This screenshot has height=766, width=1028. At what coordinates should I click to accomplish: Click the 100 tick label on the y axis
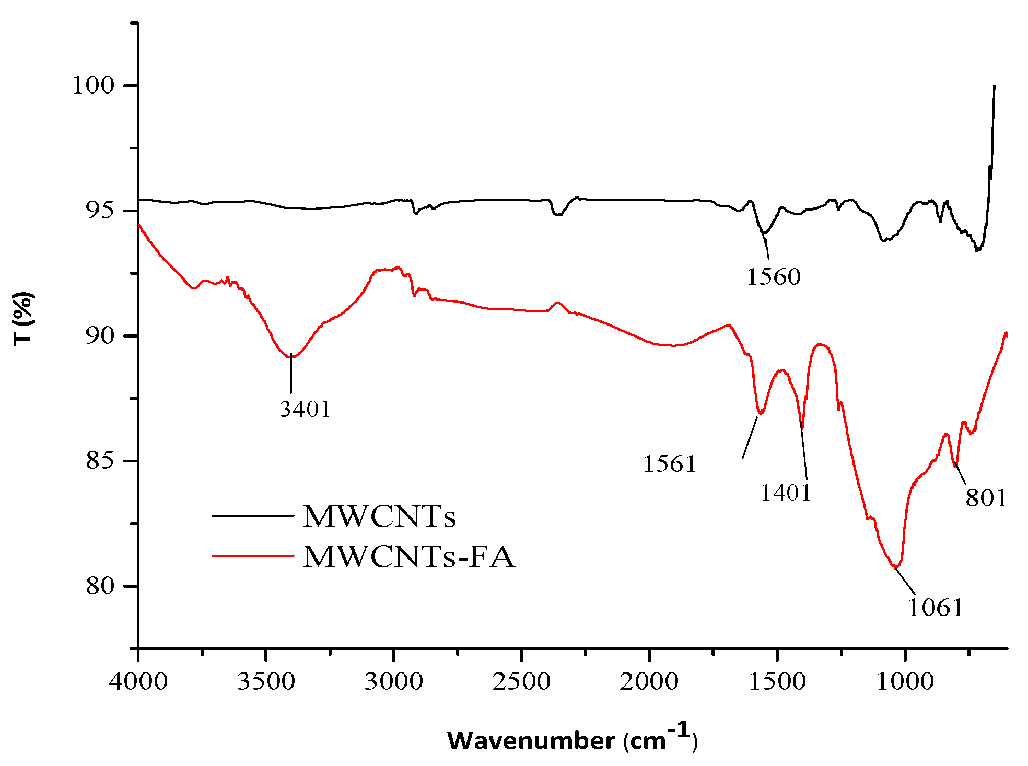click(94, 85)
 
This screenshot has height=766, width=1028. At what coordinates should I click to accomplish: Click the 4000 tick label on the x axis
click(138, 681)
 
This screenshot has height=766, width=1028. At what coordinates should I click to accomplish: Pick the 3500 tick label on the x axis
click(266, 681)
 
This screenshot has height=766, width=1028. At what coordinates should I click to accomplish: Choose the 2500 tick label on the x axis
click(521, 681)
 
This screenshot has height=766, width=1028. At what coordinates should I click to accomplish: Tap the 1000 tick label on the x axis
click(905, 681)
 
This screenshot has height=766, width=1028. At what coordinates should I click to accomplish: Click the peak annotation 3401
click(305, 409)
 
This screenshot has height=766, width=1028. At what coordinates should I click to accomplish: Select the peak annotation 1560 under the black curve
click(773, 277)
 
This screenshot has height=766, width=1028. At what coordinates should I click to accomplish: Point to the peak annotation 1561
click(670, 464)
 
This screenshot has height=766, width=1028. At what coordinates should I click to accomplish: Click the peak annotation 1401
click(785, 493)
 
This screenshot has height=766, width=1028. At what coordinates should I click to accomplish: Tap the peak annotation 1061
click(935, 608)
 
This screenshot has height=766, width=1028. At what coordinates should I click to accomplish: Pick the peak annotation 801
click(986, 497)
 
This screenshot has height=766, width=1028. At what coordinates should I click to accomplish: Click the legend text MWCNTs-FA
click(408, 556)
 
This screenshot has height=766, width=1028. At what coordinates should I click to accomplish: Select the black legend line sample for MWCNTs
click(253, 516)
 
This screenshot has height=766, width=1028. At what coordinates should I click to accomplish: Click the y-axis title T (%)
click(24, 319)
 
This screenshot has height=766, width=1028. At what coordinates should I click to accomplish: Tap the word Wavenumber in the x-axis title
click(531, 741)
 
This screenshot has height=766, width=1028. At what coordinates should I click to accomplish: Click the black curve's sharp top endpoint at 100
click(994, 86)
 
